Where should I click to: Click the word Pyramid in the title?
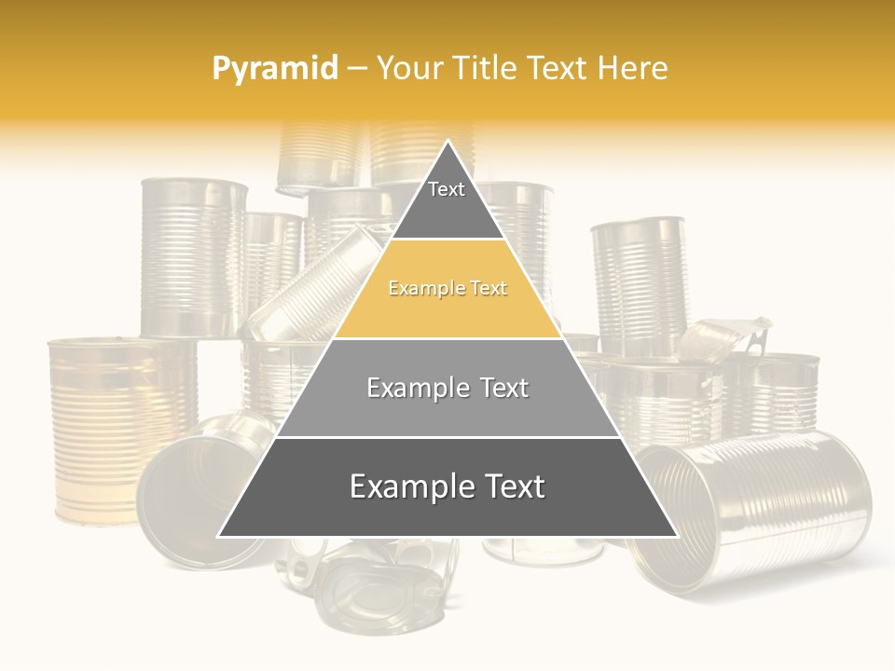coord(274,69)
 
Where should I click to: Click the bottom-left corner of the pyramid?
coord(220,536)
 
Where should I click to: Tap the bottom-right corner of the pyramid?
coord(676,536)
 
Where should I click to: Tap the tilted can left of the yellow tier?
coord(312,289)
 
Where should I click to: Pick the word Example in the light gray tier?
coord(410,388)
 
